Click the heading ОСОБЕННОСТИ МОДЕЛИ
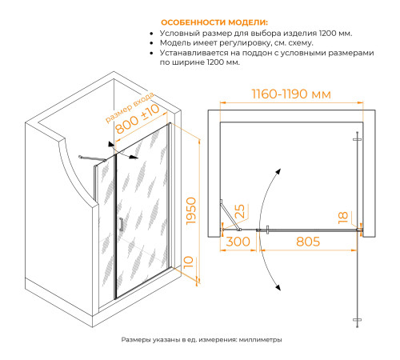(214, 22)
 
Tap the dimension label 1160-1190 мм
(291, 94)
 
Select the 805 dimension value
(308, 242)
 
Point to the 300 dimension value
(238, 242)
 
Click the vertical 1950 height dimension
(191, 210)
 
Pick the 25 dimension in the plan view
(240, 211)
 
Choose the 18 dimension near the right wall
(343, 218)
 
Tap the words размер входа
(130, 107)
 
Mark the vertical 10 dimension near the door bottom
(189, 262)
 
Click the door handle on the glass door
(121, 224)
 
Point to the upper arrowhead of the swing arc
(278, 171)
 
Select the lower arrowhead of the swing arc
(278, 288)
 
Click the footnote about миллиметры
(202, 340)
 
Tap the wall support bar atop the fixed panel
(92, 158)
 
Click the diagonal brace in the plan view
(230, 215)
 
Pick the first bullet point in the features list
(151, 34)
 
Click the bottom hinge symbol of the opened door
(357, 319)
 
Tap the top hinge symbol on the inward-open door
(357, 139)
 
